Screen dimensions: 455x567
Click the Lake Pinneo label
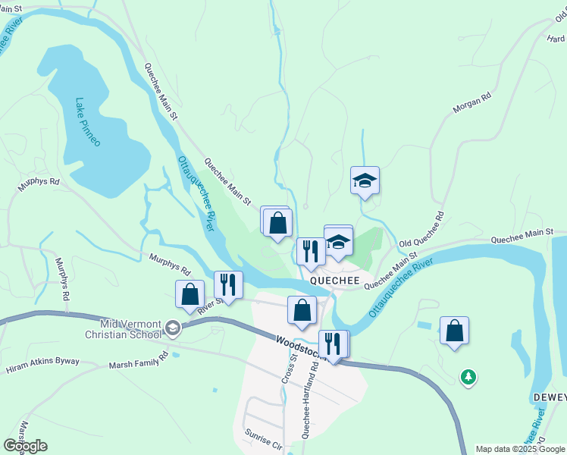click(87, 122)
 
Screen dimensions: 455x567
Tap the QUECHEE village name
click(334, 281)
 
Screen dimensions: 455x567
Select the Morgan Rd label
click(472, 104)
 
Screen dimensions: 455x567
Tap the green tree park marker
click(468, 376)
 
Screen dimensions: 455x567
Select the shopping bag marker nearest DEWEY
click(454, 330)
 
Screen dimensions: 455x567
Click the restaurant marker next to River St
click(228, 284)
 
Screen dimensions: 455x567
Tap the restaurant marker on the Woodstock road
click(333, 344)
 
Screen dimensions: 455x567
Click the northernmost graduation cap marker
click(365, 180)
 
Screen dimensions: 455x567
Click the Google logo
click(25, 446)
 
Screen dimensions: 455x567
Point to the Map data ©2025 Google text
click(521, 449)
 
